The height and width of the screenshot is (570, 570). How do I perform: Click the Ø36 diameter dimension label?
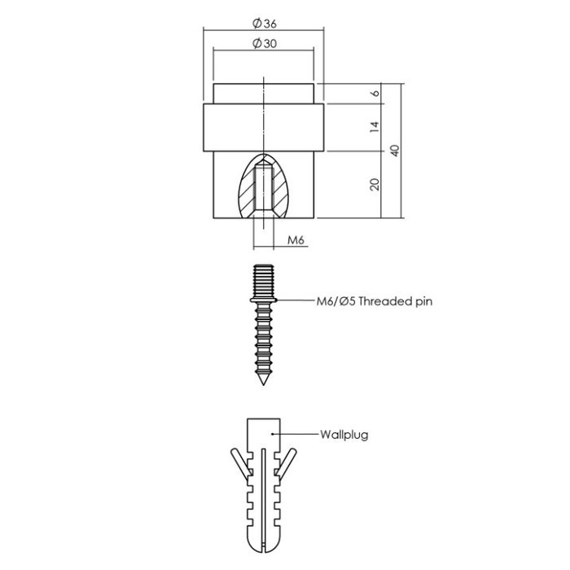265,24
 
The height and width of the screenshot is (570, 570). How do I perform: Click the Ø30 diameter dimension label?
264,44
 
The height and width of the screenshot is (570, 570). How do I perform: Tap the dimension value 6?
375,93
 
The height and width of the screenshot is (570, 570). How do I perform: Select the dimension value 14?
375,127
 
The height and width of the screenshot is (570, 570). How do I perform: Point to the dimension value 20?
375,185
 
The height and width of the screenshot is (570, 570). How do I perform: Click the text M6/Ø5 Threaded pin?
374,300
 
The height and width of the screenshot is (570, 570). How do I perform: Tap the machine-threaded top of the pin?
264,280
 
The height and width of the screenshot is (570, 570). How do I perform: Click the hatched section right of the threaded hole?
281,192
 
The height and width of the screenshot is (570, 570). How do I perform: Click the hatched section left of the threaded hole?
246,192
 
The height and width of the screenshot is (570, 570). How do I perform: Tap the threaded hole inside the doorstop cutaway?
264,189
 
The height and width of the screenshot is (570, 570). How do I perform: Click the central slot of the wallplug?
263,497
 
